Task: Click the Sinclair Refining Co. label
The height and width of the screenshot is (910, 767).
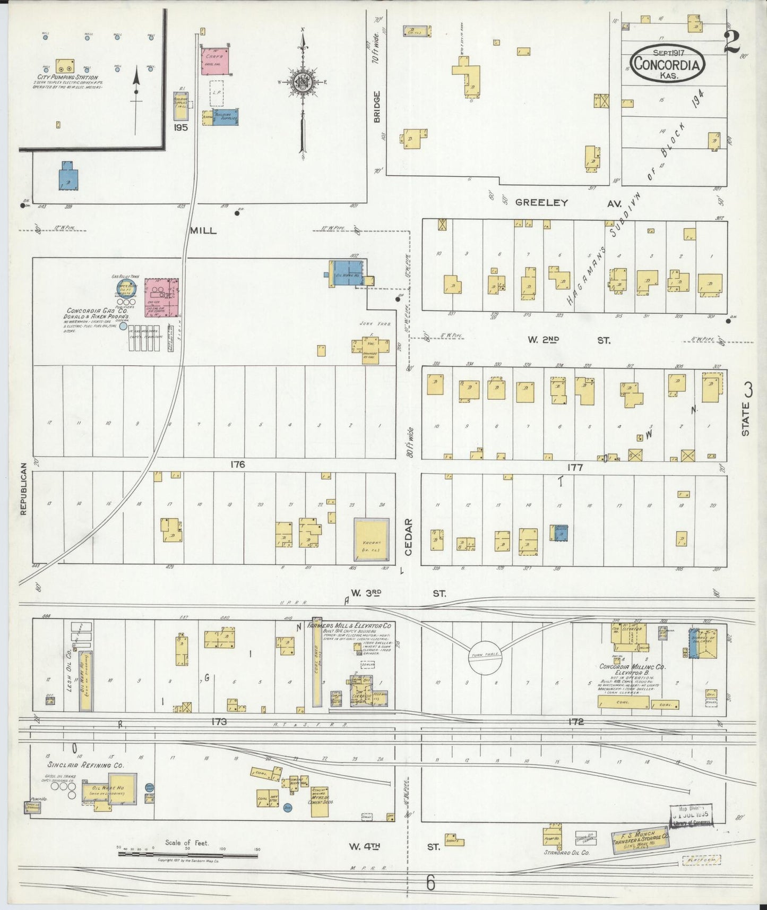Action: click(85, 765)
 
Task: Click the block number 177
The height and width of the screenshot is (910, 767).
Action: click(575, 468)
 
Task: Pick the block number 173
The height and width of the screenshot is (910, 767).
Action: click(219, 722)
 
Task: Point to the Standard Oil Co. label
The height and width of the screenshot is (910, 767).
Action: click(567, 853)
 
